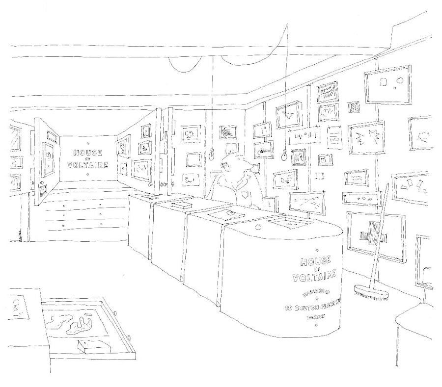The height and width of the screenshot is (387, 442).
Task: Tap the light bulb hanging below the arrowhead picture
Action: [x=283, y=156]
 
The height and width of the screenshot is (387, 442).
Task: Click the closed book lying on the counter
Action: [x=179, y=205]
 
